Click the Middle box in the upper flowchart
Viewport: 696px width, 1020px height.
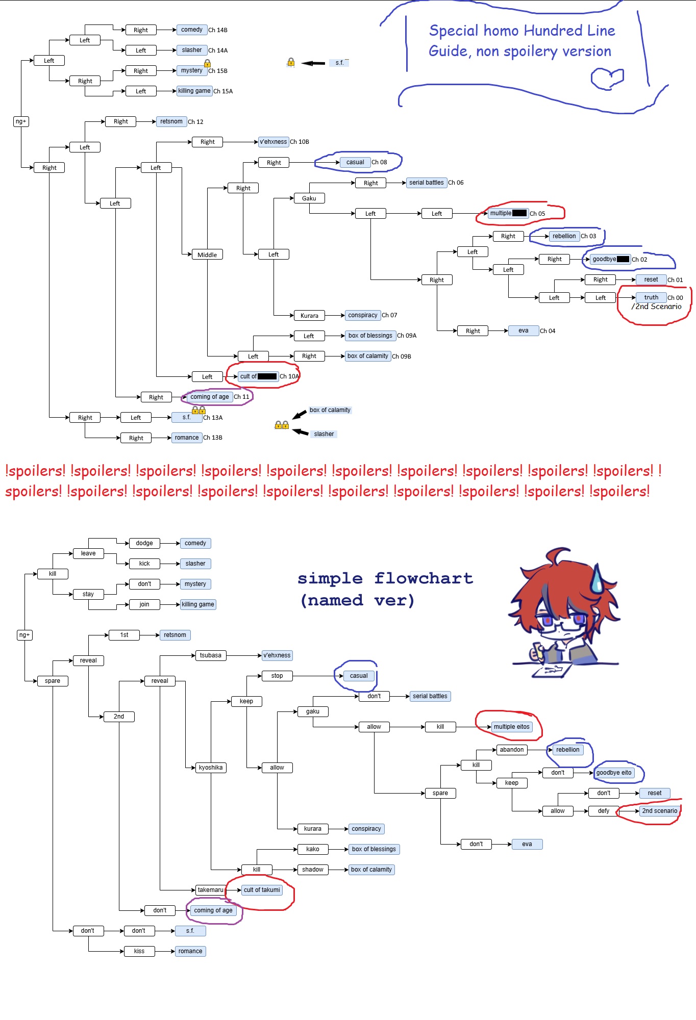point(207,254)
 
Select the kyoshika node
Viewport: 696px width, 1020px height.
point(211,768)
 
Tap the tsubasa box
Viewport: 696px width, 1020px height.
point(211,655)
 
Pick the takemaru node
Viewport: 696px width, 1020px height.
point(211,890)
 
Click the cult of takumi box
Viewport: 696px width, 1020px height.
point(262,890)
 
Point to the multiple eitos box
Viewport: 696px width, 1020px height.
point(512,727)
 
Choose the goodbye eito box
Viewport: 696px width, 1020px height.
point(614,773)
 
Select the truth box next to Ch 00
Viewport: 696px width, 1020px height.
point(651,297)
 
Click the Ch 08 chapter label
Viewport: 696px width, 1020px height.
point(379,162)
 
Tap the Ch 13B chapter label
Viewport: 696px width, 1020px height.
point(213,438)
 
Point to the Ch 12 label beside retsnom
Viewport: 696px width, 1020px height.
point(195,122)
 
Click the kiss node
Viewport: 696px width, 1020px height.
point(139,951)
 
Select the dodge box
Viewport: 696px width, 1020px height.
point(144,543)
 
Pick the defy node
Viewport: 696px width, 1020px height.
point(604,811)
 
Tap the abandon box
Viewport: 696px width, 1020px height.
point(512,750)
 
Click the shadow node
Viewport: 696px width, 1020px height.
point(313,870)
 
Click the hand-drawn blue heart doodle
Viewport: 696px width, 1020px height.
point(608,79)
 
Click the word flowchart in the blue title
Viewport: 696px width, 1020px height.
point(424,578)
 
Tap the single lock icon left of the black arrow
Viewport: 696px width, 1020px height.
point(291,62)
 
